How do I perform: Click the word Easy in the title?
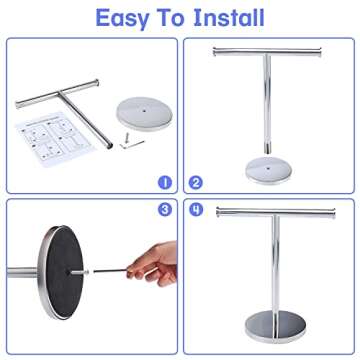[x=128, y=17]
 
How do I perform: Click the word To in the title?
[x=173, y=17]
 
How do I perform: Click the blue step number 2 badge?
[x=195, y=182]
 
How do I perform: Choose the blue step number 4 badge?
[x=195, y=210]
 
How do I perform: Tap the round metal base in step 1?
[x=138, y=110]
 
